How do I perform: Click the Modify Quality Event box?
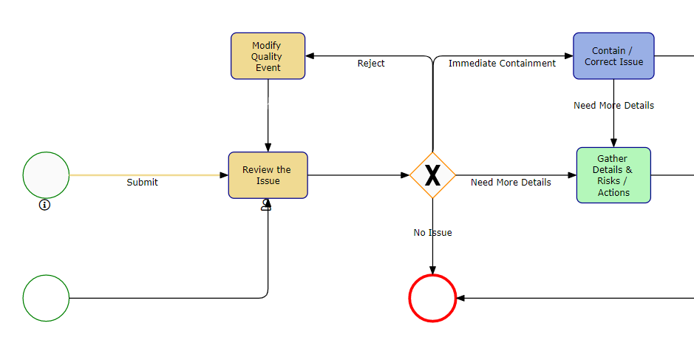(x=268, y=56)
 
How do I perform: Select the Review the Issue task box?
(x=268, y=175)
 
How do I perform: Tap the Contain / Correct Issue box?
(x=613, y=56)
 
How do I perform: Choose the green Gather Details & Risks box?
(x=613, y=175)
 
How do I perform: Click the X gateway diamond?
(x=432, y=175)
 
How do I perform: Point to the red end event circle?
(x=432, y=298)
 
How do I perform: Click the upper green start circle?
(x=46, y=175)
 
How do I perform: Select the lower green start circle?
(x=46, y=298)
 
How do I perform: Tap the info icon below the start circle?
(x=44, y=205)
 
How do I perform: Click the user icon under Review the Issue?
(x=266, y=206)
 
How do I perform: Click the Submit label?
(x=142, y=183)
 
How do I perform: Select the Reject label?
(x=371, y=64)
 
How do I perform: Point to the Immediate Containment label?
(x=502, y=64)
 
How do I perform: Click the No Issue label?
(x=432, y=233)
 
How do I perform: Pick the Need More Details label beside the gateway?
(x=511, y=183)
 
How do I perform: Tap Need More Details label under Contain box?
(x=613, y=106)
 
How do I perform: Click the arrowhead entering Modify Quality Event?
(x=311, y=56)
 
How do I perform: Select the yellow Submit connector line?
(x=148, y=175)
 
